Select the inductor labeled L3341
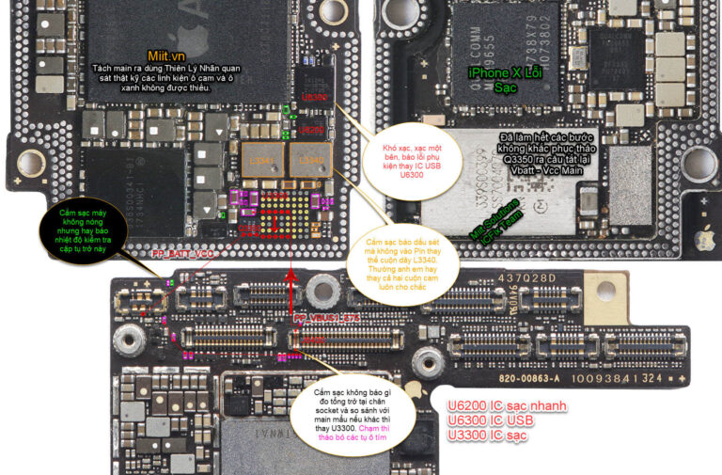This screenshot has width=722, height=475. tap(262, 161)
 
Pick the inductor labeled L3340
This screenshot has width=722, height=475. tap(308, 161)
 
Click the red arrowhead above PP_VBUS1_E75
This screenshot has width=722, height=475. tap(292, 275)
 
